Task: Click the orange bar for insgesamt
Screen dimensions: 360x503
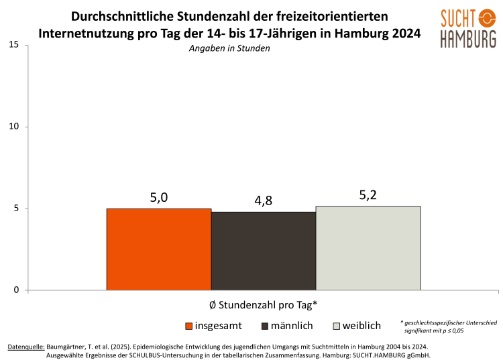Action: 159,249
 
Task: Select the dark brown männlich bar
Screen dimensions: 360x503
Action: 264,251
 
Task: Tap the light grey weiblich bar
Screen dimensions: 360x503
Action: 368,248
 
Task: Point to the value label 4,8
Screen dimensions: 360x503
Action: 264,200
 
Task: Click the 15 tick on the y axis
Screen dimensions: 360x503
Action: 14,45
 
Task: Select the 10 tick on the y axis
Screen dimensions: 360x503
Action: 14,127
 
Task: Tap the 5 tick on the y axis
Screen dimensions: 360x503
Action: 17,208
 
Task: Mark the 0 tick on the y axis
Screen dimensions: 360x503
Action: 17,290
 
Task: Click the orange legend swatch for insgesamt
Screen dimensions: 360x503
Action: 189,326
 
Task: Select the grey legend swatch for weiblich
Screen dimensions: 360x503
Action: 336,326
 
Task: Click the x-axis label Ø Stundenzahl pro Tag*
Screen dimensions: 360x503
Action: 263,304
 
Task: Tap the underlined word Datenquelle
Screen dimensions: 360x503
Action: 26,347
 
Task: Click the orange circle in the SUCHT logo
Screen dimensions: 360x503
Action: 488,17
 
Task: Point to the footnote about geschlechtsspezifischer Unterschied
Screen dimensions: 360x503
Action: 448,326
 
